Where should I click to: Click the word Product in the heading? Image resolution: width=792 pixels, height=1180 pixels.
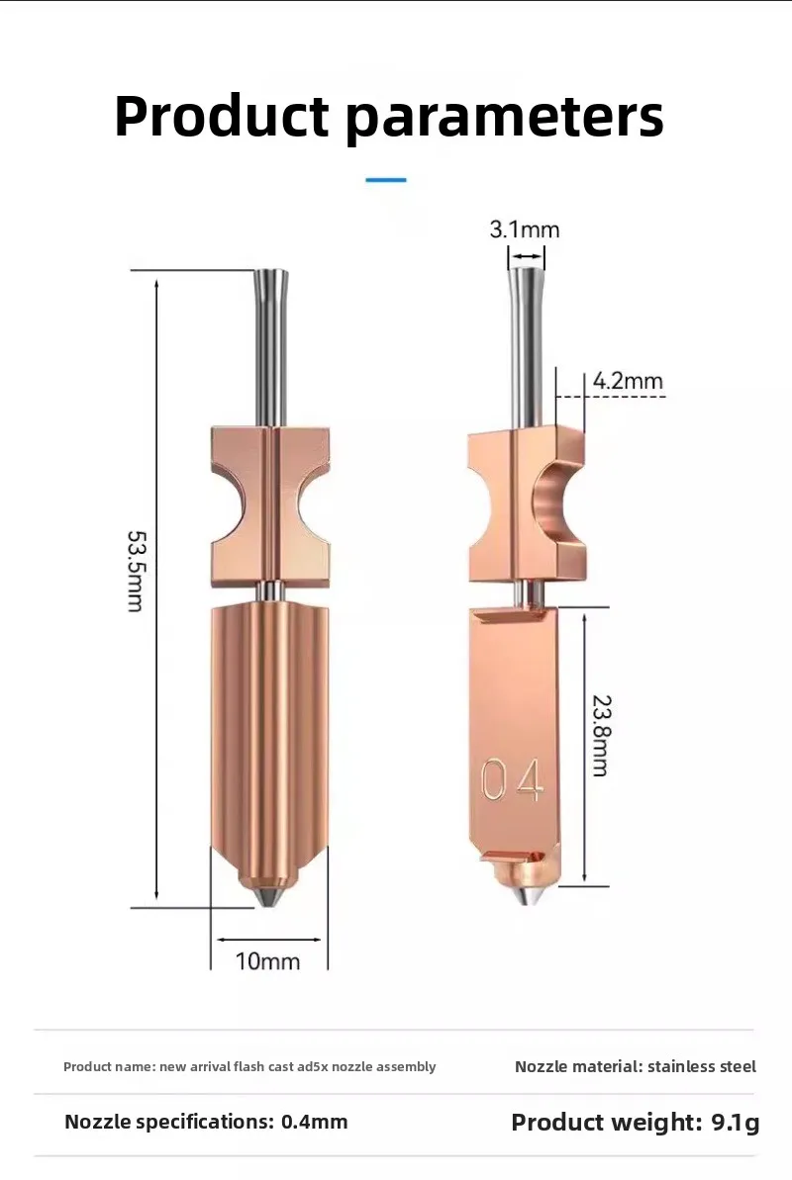[x=222, y=117]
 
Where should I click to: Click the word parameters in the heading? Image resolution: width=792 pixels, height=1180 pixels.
[x=505, y=119]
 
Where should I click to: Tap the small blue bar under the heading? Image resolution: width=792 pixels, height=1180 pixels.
[x=386, y=180]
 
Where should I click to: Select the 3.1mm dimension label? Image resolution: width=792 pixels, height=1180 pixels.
[x=525, y=228]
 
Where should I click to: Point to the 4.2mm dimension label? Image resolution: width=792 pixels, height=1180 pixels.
[x=628, y=381]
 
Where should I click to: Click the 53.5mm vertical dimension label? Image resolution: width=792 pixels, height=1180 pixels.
[x=136, y=571]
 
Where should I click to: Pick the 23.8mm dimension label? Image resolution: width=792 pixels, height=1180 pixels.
[x=601, y=735]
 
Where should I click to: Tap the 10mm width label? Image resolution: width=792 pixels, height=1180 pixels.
[x=267, y=961]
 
